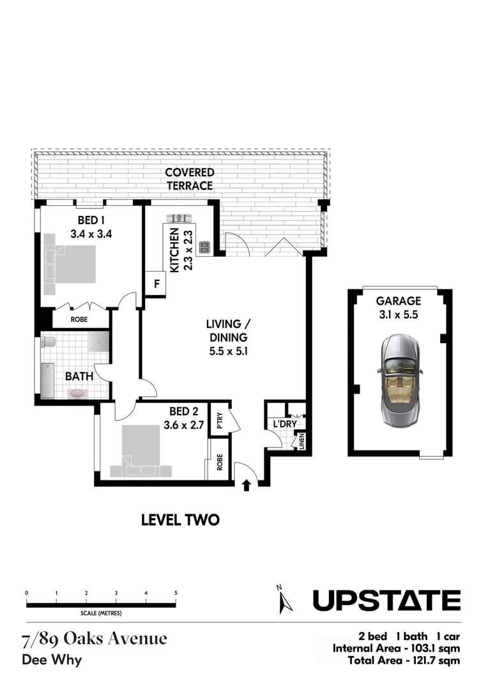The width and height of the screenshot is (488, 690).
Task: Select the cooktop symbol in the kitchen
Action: click(205, 246)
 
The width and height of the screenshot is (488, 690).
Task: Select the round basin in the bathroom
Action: click(77, 394)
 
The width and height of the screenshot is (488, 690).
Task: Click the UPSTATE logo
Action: click(386, 601)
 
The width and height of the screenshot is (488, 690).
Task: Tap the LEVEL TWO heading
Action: click(180, 520)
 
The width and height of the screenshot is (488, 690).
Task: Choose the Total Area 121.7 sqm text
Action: click(404, 660)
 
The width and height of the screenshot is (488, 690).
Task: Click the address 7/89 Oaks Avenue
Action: click(95, 638)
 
